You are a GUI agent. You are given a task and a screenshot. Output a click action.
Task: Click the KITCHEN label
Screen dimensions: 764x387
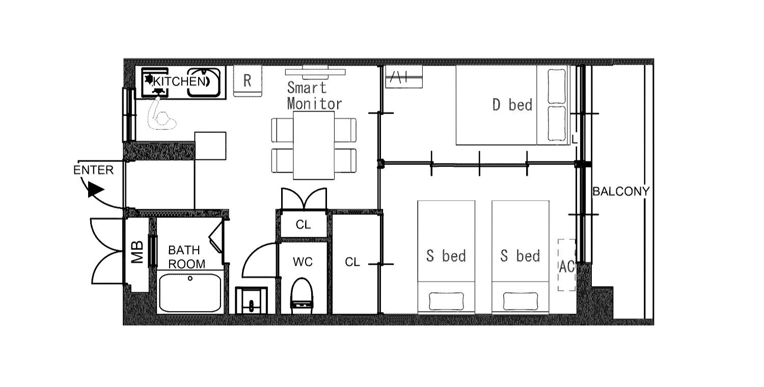click(x=180, y=81)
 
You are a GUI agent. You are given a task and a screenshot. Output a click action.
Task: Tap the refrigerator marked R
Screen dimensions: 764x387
click(x=248, y=81)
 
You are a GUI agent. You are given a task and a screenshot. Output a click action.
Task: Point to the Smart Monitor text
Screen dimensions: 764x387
click(x=314, y=96)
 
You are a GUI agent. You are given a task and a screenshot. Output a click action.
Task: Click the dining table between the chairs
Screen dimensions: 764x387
click(x=313, y=145)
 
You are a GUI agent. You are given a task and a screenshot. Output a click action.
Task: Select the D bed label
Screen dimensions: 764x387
click(x=512, y=105)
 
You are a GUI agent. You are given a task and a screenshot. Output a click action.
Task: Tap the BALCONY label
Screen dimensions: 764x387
click(x=621, y=191)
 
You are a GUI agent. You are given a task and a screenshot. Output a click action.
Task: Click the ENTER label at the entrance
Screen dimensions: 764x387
click(x=93, y=170)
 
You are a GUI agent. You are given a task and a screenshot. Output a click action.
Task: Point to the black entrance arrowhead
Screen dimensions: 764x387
click(x=96, y=189)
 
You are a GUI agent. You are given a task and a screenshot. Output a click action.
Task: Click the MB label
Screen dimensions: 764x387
click(x=137, y=253)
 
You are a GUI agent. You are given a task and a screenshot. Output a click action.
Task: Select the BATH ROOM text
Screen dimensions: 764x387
click(x=186, y=257)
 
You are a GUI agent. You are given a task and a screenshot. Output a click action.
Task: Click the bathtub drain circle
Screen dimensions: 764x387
click(x=190, y=279)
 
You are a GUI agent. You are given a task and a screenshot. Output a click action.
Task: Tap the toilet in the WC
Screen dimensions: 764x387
click(x=302, y=296)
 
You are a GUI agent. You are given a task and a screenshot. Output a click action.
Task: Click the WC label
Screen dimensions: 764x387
click(x=303, y=262)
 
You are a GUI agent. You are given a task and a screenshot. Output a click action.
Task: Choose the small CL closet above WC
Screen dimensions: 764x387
click(x=303, y=225)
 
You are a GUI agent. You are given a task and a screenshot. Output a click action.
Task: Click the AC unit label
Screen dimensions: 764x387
click(x=566, y=267)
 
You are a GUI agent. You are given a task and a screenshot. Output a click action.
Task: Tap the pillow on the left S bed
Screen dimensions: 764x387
click(x=446, y=301)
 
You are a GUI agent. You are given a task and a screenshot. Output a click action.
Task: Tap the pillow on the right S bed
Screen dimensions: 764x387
click(x=521, y=301)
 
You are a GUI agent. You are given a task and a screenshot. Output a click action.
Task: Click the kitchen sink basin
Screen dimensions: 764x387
click(x=204, y=82)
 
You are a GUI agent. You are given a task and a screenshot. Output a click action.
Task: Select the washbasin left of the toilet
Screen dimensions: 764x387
click(x=252, y=300)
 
